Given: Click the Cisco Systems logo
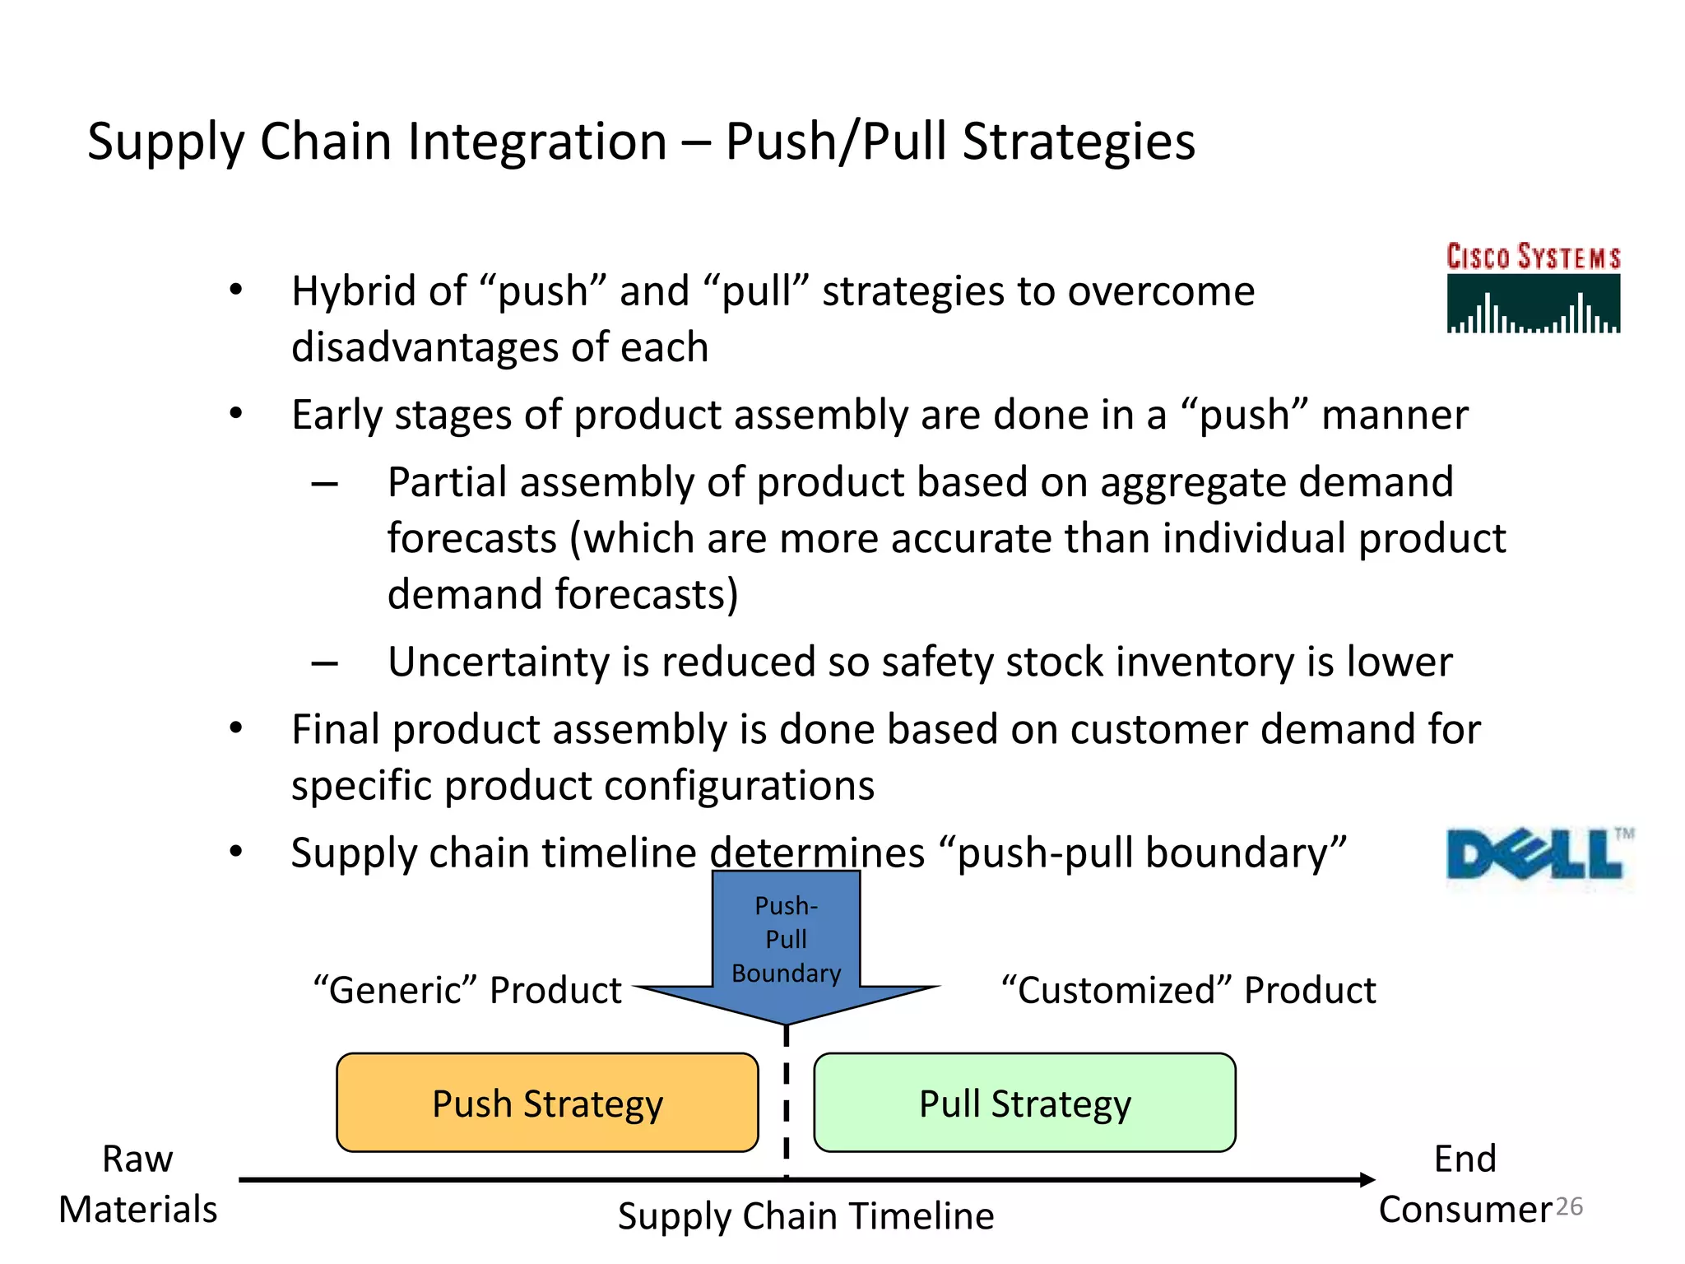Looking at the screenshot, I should [x=1534, y=288].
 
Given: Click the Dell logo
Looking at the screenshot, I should [x=1537, y=856].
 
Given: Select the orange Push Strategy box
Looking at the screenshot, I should [x=547, y=1103].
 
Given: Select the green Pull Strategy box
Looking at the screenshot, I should [x=1024, y=1103].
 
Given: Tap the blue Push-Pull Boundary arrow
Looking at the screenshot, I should [x=787, y=946].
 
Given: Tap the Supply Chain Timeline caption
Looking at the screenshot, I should [x=805, y=1216].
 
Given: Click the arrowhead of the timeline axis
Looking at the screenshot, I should [x=1367, y=1179].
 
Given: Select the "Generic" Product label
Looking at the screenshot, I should [x=467, y=990].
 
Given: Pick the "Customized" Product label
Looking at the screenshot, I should [x=1188, y=990].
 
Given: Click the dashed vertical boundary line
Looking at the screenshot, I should [x=787, y=1103].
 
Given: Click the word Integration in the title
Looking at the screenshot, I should [x=536, y=142].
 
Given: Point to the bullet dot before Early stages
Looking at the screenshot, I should [x=236, y=414].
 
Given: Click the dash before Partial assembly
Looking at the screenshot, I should [x=325, y=484].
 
